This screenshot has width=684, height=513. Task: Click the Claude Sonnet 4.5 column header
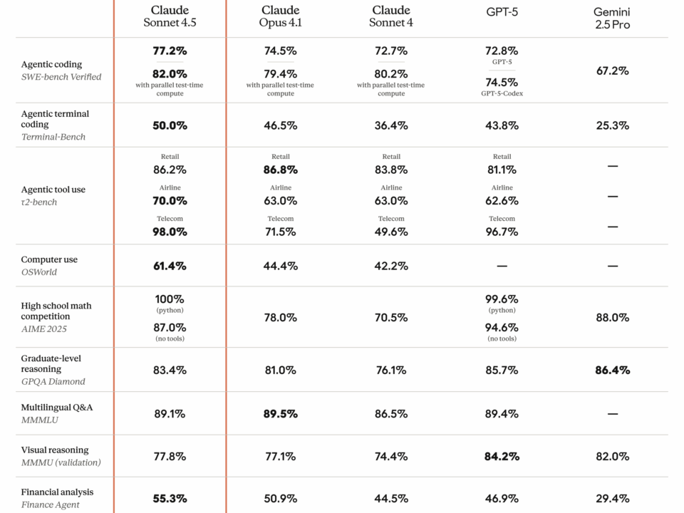[x=170, y=16]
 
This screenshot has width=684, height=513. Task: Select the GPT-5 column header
[x=502, y=11]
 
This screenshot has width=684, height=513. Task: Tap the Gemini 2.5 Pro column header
[x=612, y=19]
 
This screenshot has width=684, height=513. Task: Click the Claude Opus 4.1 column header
[x=280, y=16]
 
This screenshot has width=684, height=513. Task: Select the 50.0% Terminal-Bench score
[x=170, y=125]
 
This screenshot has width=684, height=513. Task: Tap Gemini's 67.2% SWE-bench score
[x=612, y=71]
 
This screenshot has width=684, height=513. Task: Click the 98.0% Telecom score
[x=170, y=232]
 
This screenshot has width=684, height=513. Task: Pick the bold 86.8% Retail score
[x=280, y=170]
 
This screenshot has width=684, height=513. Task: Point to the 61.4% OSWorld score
[x=170, y=266]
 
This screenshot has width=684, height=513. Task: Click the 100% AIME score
[x=170, y=299]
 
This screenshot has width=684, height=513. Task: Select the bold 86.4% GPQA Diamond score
[x=612, y=370]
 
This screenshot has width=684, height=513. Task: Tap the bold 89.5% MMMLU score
[x=280, y=413]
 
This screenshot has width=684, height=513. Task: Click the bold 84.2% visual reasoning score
[x=502, y=456]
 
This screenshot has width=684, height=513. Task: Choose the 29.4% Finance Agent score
[x=612, y=498]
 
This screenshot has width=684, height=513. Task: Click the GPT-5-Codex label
[x=502, y=93]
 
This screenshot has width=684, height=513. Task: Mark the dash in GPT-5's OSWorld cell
[x=502, y=266]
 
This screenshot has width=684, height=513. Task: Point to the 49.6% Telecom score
[x=390, y=232]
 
